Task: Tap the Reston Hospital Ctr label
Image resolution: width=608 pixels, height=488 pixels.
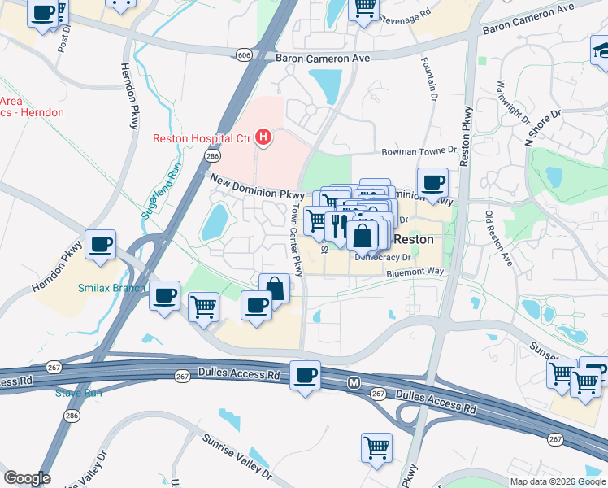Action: click(x=202, y=138)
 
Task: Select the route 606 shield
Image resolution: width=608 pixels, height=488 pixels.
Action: click(x=245, y=54)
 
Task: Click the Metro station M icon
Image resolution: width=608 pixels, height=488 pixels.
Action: click(x=354, y=382)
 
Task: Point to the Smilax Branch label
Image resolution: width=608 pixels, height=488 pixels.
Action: click(x=111, y=288)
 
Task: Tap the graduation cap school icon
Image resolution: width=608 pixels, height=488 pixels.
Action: click(x=600, y=51)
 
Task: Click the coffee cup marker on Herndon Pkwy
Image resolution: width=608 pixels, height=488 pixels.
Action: click(x=101, y=243)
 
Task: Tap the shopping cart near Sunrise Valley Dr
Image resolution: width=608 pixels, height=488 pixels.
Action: click(x=376, y=447)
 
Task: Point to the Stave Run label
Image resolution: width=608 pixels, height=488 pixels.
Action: click(x=78, y=393)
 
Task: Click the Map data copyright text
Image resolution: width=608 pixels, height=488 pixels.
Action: click(x=558, y=481)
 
